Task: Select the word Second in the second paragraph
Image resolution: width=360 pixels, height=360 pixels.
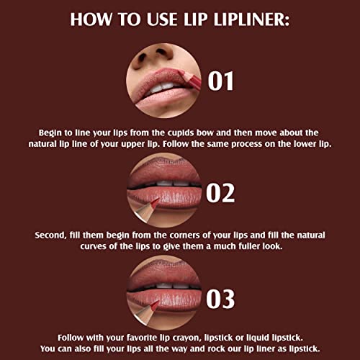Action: pyautogui.click(x=52, y=235)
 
